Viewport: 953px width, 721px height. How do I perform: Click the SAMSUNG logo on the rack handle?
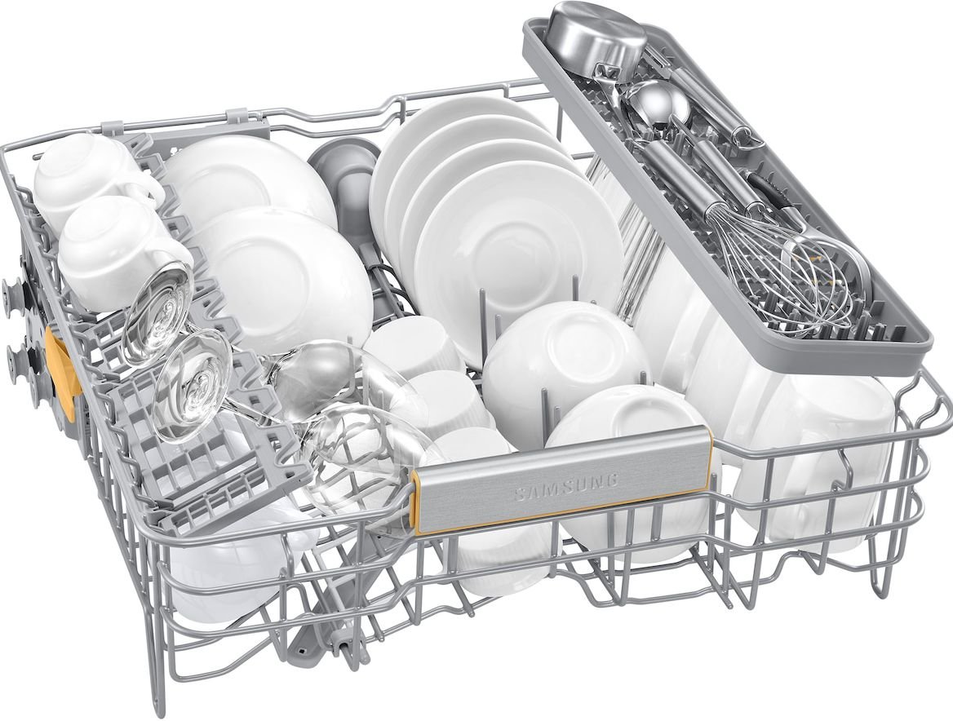click(x=565, y=485)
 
